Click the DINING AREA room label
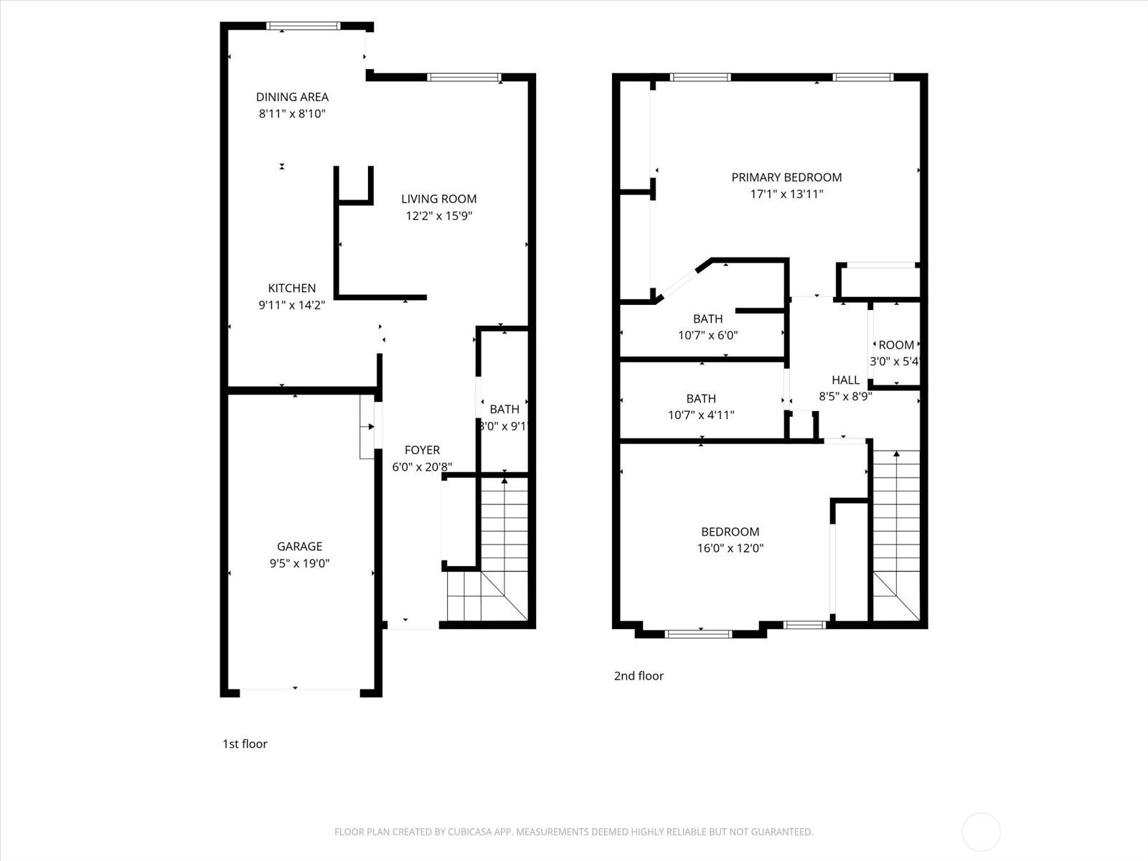292,97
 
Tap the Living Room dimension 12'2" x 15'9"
438,215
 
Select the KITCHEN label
291,288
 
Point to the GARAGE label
299,546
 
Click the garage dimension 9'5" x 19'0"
299,563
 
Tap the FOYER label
422,450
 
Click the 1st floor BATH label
504,409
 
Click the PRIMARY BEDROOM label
786,177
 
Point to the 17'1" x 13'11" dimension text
786,194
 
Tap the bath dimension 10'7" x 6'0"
707,335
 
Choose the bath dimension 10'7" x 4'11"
701,415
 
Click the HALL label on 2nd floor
845,380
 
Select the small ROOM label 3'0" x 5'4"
896,345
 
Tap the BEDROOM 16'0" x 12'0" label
730,532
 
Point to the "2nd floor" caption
639,676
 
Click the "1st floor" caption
245,744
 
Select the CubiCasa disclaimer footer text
573,832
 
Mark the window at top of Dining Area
303,27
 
